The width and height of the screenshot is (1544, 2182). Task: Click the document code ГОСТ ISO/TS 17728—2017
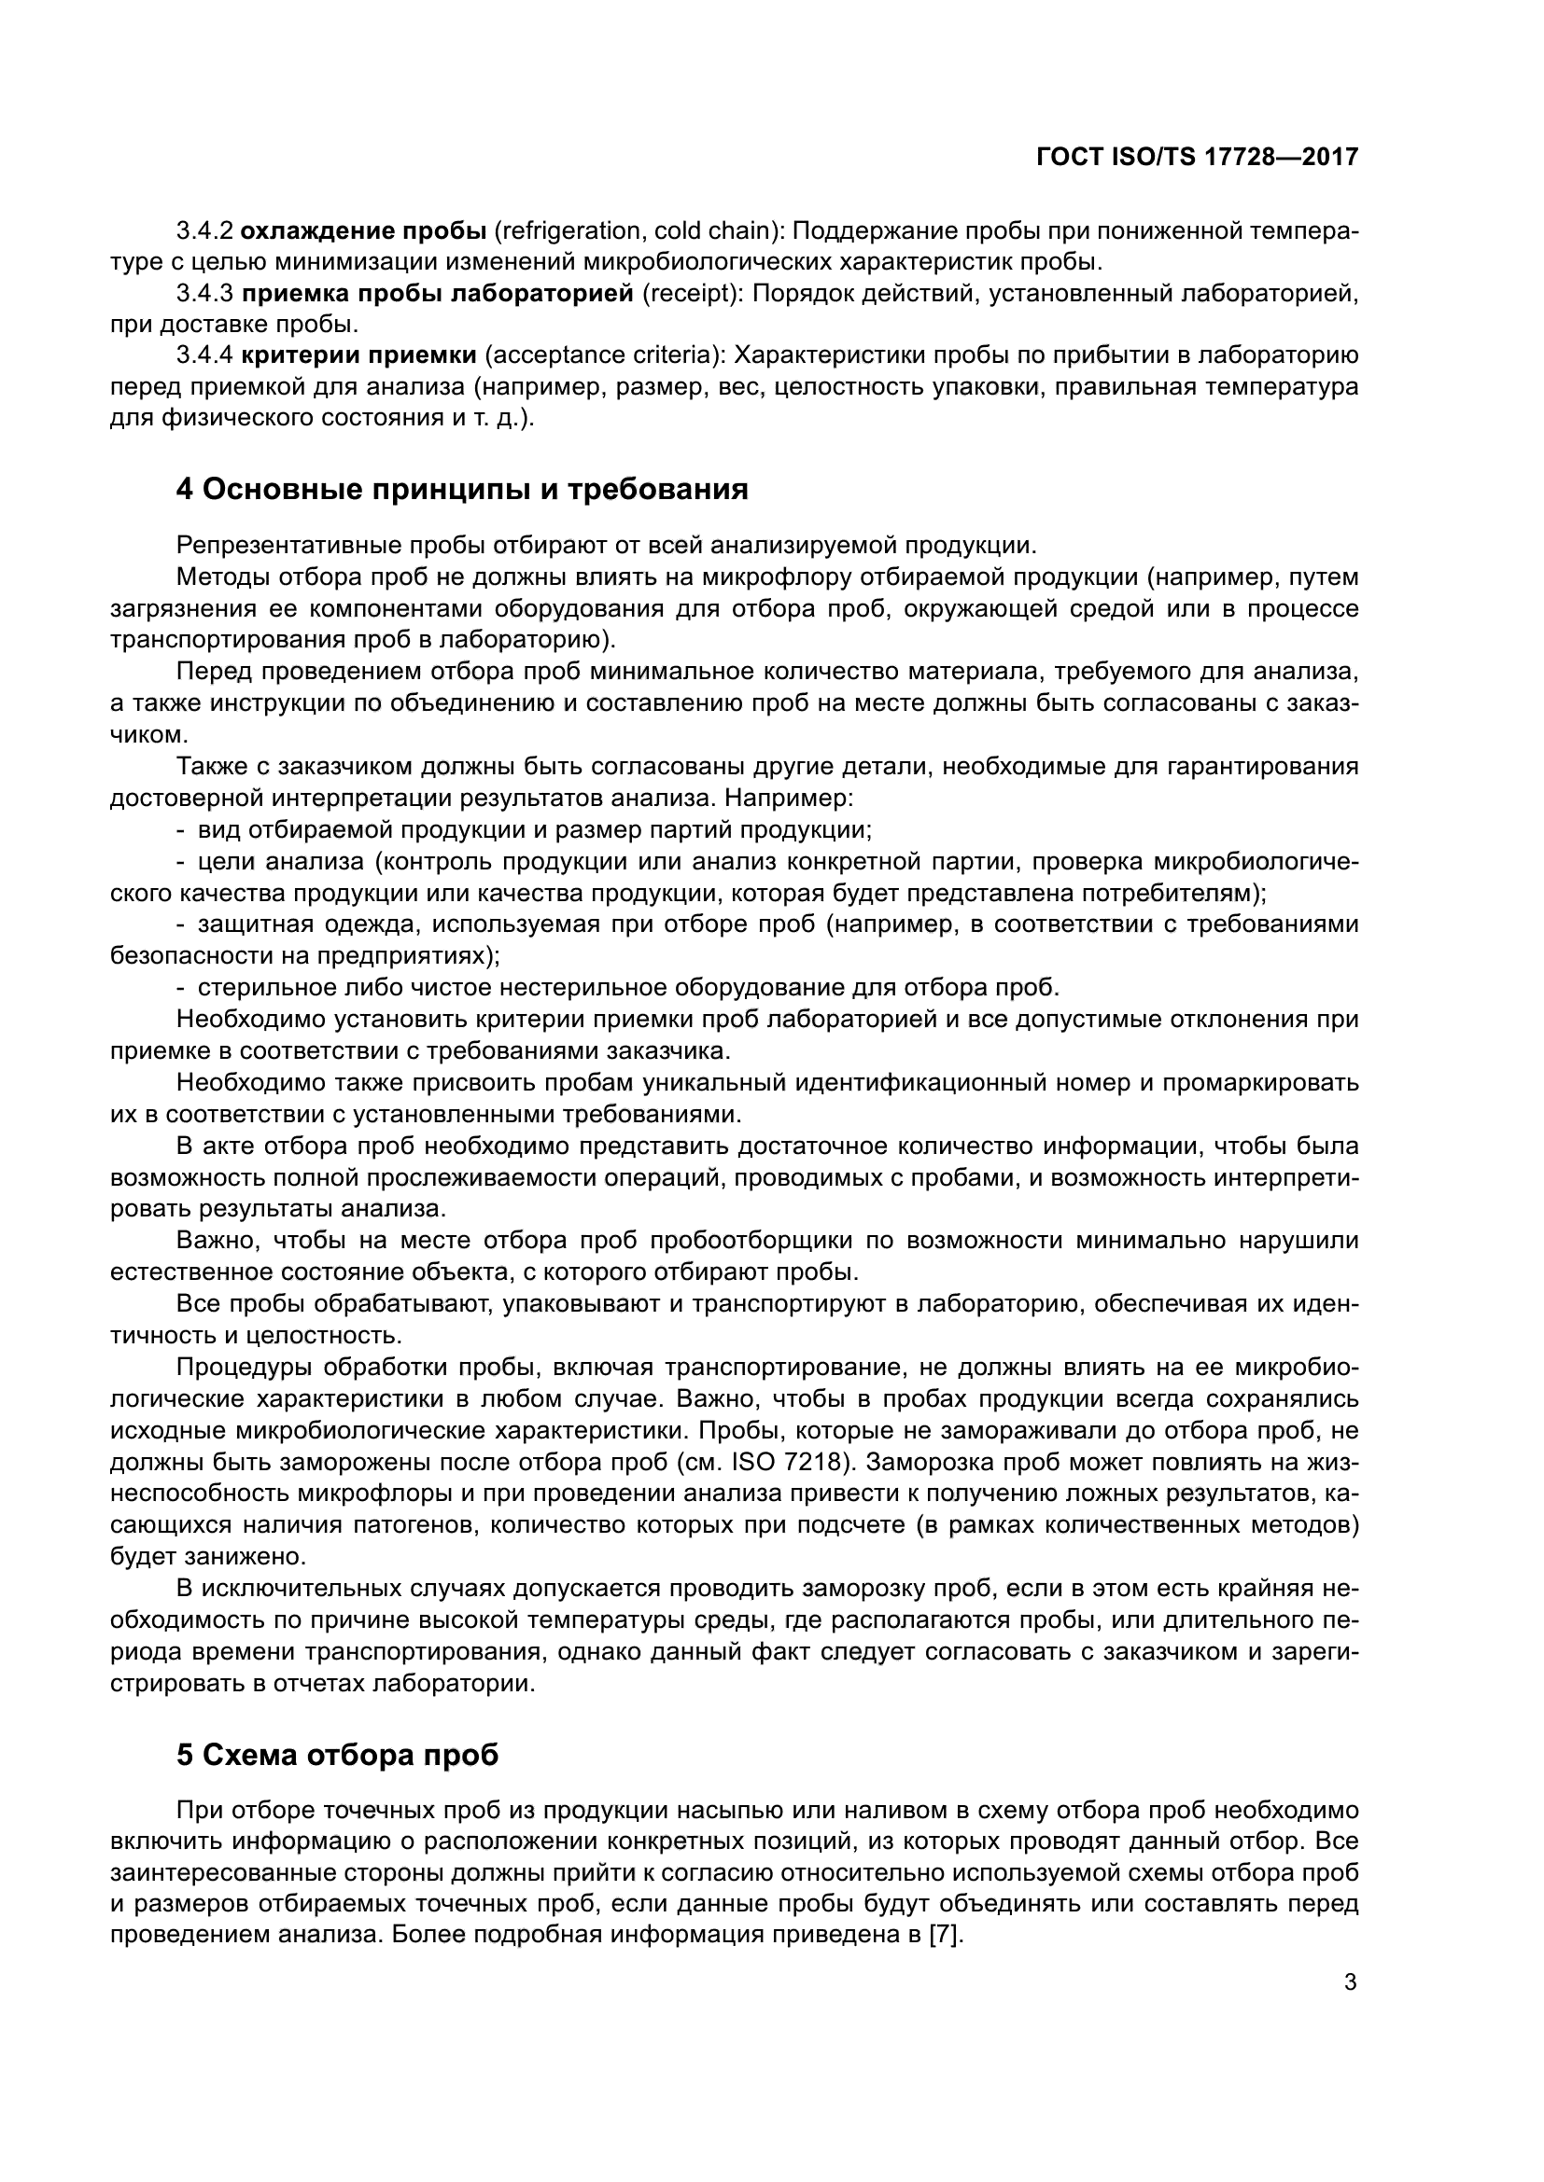(1197, 157)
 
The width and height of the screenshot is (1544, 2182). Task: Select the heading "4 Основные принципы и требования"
(462, 490)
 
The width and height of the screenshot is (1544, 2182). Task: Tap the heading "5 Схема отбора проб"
(338, 1756)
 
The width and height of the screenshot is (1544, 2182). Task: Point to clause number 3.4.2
(204, 231)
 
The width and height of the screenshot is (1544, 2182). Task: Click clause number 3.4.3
(204, 294)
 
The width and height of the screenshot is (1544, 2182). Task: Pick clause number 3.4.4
(204, 356)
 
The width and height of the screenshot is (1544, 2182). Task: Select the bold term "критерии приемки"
(358, 356)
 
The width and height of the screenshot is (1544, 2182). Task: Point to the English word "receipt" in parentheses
(692, 294)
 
